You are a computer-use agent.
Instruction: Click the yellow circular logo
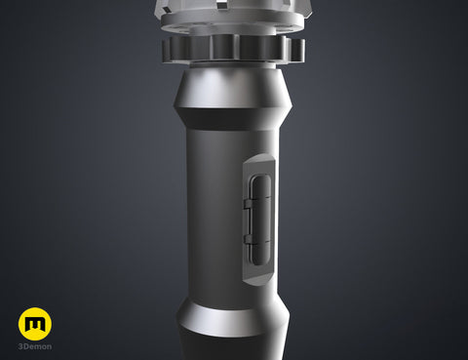tap(35, 324)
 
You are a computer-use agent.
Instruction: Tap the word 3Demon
tap(35, 346)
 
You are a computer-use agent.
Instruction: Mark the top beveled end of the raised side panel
tap(259, 159)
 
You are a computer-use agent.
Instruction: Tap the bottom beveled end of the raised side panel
tap(259, 279)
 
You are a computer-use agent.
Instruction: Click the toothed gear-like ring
tap(233, 49)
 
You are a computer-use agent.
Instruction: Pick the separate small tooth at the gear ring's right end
tap(297, 50)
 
